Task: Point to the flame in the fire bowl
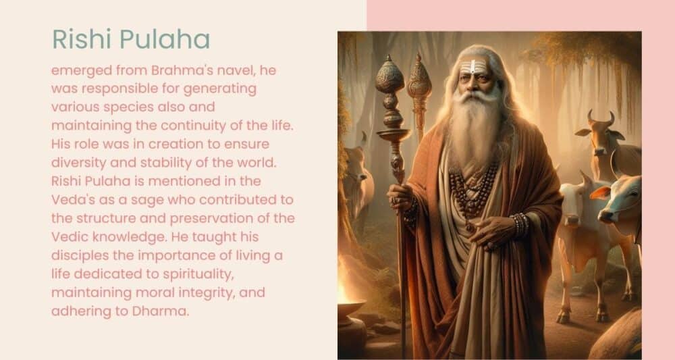pyautogui.click(x=343, y=290)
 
